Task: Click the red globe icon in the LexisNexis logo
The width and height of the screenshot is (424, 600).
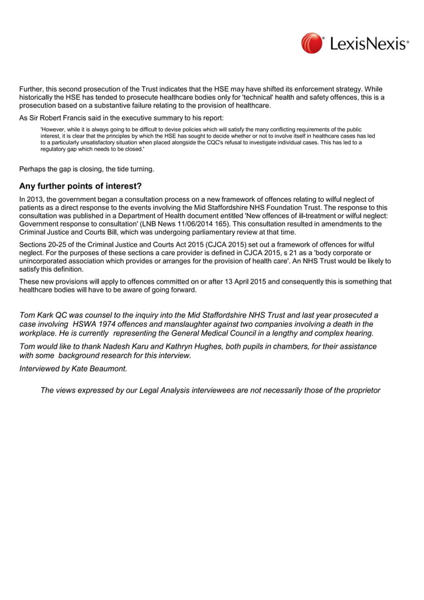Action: (312, 44)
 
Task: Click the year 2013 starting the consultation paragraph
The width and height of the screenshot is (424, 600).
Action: (35, 199)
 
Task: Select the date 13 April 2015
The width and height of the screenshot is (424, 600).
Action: (239, 282)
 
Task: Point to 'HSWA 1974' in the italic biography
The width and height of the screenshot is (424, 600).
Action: (93, 324)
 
